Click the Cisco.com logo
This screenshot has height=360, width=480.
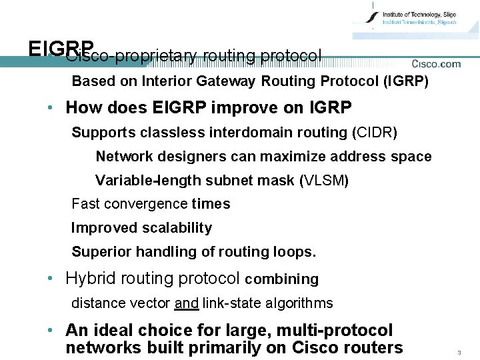[436, 64]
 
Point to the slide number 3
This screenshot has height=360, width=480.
[459, 351]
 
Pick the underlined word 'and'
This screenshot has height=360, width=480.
[186, 303]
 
